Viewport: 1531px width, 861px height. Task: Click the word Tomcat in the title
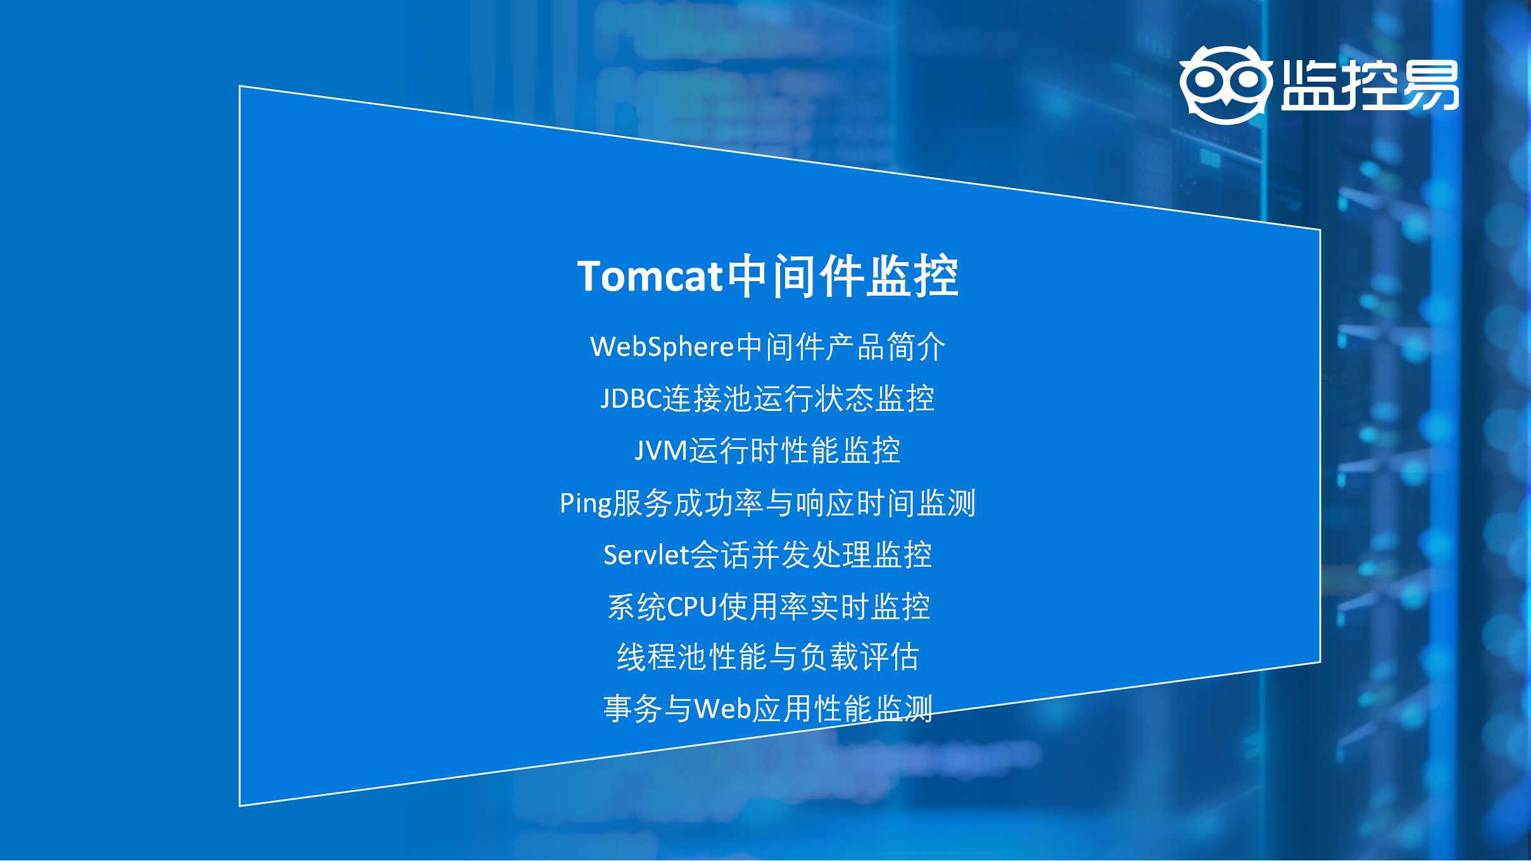pyautogui.click(x=650, y=277)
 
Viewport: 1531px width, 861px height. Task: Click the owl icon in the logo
pyautogui.click(x=1226, y=85)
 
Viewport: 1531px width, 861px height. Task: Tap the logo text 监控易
pyautogui.click(x=1370, y=85)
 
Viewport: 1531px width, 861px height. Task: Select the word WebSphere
pyautogui.click(x=662, y=348)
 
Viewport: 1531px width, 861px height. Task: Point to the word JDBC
pyautogui.click(x=631, y=399)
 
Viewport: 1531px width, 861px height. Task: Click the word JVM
pyautogui.click(x=661, y=451)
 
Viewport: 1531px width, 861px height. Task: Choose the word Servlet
pyautogui.click(x=646, y=555)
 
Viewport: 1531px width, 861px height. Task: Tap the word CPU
pyautogui.click(x=691, y=606)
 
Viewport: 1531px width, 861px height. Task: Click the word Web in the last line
pyautogui.click(x=724, y=708)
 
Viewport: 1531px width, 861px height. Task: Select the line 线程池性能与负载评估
pyautogui.click(x=768, y=657)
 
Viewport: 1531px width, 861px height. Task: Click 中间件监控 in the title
pyautogui.click(x=842, y=276)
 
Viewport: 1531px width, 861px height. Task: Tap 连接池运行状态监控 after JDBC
pyautogui.click(x=798, y=399)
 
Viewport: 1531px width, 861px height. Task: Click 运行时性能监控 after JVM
pyautogui.click(x=795, y=451)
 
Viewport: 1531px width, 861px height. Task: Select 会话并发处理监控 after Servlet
pyautogui.click(x=810, y=555)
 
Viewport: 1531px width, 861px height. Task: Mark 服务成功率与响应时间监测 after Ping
pyautogui.click(x=795, y=504)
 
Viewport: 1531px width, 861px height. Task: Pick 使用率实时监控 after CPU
pyautogui.click(x=824, y=606)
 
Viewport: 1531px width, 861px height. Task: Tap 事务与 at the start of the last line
pyautogui.click(x=648, y=708)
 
